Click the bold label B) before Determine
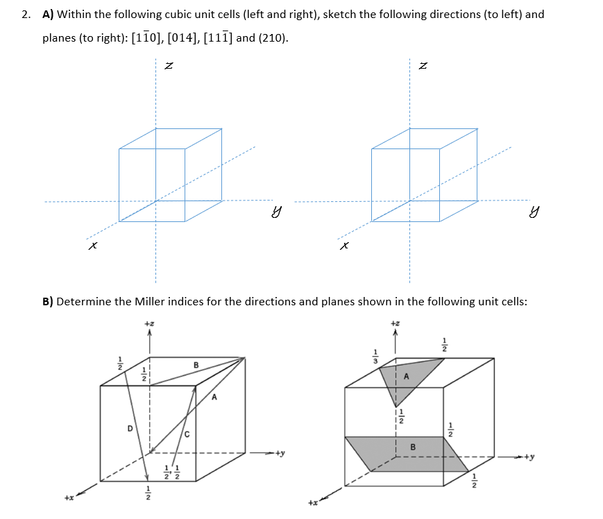[48, 302]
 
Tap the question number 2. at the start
[26, 15]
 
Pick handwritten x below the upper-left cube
[92, 246]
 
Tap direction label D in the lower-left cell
[129, 428]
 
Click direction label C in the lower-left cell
[187, 434]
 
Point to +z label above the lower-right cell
[396, 323]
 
